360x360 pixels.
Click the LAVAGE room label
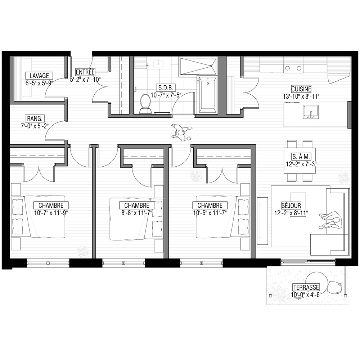[x=39, y=76]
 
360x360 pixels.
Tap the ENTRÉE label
[x=85, y=72]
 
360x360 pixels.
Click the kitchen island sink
[x=311, y=112]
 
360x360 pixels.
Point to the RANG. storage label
[x=35, y=119]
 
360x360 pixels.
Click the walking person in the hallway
[x=181, y=133]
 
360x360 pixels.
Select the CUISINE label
[x=301, y=89]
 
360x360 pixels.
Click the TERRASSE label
[x=306, y=287]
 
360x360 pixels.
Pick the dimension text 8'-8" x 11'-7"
[x=137, y=213]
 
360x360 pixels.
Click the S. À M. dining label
[x=301, y=157]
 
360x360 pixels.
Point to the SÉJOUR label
[x=291, y=205]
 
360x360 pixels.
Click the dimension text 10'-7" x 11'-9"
[x=51, y=213]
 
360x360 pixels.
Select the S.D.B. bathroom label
[x=166, y=88]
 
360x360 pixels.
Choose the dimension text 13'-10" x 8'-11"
[x=301, y=96]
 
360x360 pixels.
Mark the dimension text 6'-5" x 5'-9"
[x=39, y=83]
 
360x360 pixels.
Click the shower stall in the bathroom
[x=198, y=66]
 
